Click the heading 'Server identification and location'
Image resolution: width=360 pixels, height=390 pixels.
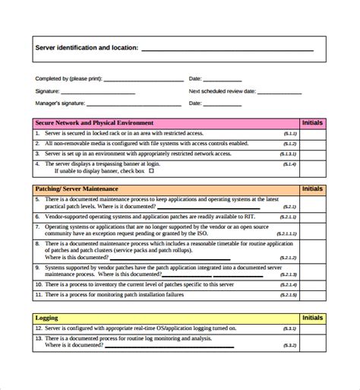(x=86, y=48)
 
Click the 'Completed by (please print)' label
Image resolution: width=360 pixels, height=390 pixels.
(x=68, y=78)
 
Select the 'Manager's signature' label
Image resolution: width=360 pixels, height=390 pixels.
(x=60, y=103)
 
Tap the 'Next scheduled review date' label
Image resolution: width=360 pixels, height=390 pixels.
(x=222, y=90)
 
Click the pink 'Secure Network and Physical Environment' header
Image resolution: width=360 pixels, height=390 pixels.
(x=95, y=122)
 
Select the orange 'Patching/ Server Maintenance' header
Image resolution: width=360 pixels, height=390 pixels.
(x=77, y=189)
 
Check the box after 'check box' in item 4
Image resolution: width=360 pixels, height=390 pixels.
(x=151, y=171)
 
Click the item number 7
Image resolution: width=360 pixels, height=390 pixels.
(x=38, y=227)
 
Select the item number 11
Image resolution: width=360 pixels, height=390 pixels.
(x=39, y=293)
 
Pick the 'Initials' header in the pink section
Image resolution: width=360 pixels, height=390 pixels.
(x=312, y=122)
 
